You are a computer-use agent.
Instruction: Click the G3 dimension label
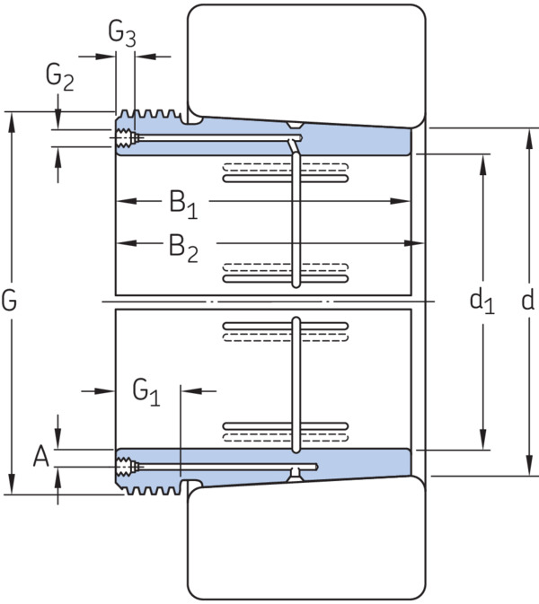coord(122,34)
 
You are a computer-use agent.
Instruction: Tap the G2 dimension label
coord(60,77)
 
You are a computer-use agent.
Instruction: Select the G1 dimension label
coord(146,392)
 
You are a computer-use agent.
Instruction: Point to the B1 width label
coord(183,204)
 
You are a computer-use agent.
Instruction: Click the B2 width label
coord(183,248)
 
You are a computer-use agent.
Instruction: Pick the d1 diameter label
coord(482,302)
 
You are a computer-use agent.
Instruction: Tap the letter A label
coord(41,456)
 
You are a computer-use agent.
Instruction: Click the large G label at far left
coord(9,300)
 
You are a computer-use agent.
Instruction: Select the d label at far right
coord(527,300)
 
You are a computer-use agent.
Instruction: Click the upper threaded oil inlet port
coord(124,138)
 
